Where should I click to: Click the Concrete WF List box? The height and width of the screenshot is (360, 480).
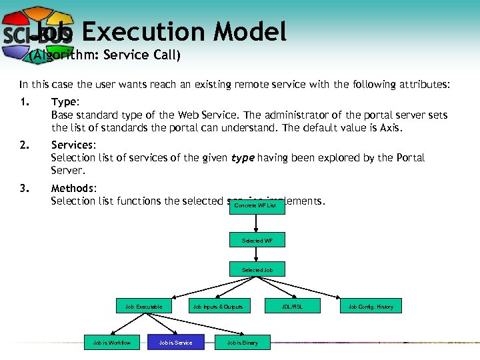tap(257, 205)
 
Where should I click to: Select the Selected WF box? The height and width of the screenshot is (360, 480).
tap(257, 240)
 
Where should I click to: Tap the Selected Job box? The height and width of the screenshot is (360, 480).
tap(257, 270)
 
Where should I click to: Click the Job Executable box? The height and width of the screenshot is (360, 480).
tap(148, 307)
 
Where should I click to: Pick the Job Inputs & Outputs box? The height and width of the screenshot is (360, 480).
tap(218, 307)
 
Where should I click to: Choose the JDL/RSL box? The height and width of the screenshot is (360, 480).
tap(293, 307)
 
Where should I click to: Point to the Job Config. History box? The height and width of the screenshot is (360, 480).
tap(371, 307)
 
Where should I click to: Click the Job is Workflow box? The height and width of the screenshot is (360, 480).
tap(112, 343)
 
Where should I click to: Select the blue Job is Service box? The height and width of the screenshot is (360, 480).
tap(175, 343)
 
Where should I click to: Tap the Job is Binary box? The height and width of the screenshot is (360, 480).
tap(242, 343)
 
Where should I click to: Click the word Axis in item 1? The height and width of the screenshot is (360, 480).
tap(390, 127)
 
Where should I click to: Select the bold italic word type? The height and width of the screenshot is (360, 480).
tap(243, 158)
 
